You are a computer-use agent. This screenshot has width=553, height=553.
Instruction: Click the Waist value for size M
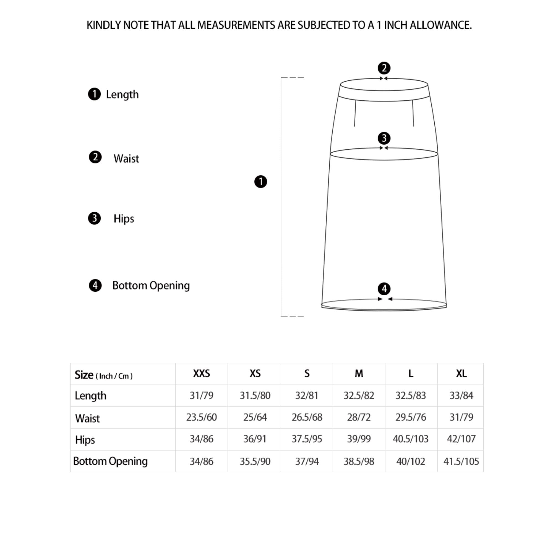tap(359, 417)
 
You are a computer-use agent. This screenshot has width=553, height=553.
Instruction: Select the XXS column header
tap(202, 374)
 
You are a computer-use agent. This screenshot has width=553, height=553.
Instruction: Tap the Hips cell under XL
tap(461, 439)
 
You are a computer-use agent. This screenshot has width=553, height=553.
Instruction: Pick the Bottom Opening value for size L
tap(410, 461)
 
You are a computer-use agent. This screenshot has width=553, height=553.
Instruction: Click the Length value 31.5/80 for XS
tap(255, 396)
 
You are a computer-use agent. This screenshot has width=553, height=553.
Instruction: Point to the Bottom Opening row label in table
tap(111, 461)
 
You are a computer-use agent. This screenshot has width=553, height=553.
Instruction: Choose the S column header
tap(307, 374)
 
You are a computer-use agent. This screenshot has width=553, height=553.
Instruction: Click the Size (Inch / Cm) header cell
tap(104, 375)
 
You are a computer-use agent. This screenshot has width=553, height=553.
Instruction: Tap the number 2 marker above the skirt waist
tap(384, 68)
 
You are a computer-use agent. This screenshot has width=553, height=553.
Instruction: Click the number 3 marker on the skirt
tap(384, 138)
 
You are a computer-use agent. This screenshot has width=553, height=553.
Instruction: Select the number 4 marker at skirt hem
tap(384, 289)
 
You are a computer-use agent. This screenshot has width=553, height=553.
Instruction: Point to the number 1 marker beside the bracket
tap(260, 182)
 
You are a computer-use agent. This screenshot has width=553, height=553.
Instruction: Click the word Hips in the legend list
tap(124, 219)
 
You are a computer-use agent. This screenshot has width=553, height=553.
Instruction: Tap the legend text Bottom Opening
tap(151, 286)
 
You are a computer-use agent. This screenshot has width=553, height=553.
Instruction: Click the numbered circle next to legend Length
tap(94, 94)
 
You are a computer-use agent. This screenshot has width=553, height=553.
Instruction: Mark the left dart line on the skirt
tap(355, 113)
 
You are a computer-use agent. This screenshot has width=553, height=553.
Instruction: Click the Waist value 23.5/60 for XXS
tap(202, 417)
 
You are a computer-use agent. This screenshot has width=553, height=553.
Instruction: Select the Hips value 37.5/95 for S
tap(307, 439)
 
